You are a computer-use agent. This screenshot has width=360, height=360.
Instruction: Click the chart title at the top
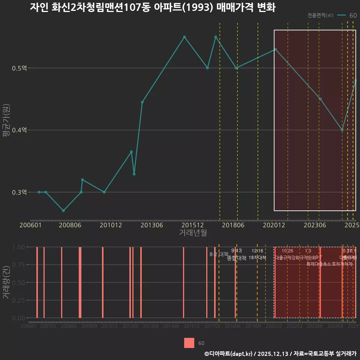coord(153,7)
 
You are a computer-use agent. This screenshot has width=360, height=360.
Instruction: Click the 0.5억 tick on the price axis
coord(19,68)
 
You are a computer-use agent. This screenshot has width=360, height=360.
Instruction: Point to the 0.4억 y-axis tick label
coord(19,130)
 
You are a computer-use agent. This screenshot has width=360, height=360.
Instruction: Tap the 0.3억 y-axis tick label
coord(19,192)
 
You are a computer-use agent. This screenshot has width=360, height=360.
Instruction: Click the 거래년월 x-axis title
coord(193,232)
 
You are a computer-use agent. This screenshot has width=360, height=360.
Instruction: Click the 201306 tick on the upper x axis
coord(151,225)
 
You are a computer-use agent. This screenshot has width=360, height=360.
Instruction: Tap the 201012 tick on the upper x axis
coord(111,225)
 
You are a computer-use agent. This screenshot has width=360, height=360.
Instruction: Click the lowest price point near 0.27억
coord(63,211)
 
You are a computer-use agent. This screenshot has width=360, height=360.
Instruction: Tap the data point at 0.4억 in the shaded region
coord(342,130)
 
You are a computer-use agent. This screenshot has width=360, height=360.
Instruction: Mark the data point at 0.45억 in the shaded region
coord(320,99)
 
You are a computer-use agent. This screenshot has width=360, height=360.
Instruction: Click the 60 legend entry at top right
coord(352,15)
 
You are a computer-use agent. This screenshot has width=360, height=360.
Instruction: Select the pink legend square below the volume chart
coord(189,343)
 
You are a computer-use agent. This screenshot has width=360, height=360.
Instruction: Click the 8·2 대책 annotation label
coord(219,254)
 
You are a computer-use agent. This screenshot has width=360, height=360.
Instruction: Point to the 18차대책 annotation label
coord(257,258)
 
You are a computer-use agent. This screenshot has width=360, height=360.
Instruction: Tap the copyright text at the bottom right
coord(280,353)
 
